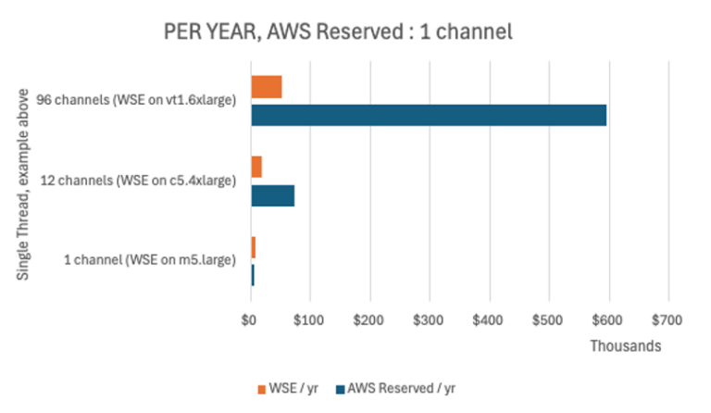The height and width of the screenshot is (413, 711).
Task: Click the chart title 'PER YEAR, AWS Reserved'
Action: tap(338, 31)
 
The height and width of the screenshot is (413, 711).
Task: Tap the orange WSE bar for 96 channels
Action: tap(267, 87)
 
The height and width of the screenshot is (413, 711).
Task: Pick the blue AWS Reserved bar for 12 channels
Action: tap(273, 195)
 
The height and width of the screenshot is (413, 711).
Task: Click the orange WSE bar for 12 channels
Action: tap(256, 168)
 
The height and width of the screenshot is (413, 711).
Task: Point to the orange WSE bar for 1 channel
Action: tap(253, 248)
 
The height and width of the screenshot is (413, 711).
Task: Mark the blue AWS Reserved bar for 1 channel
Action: tap(252, 275)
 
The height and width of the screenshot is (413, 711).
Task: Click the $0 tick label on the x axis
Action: tap(249, 320)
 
